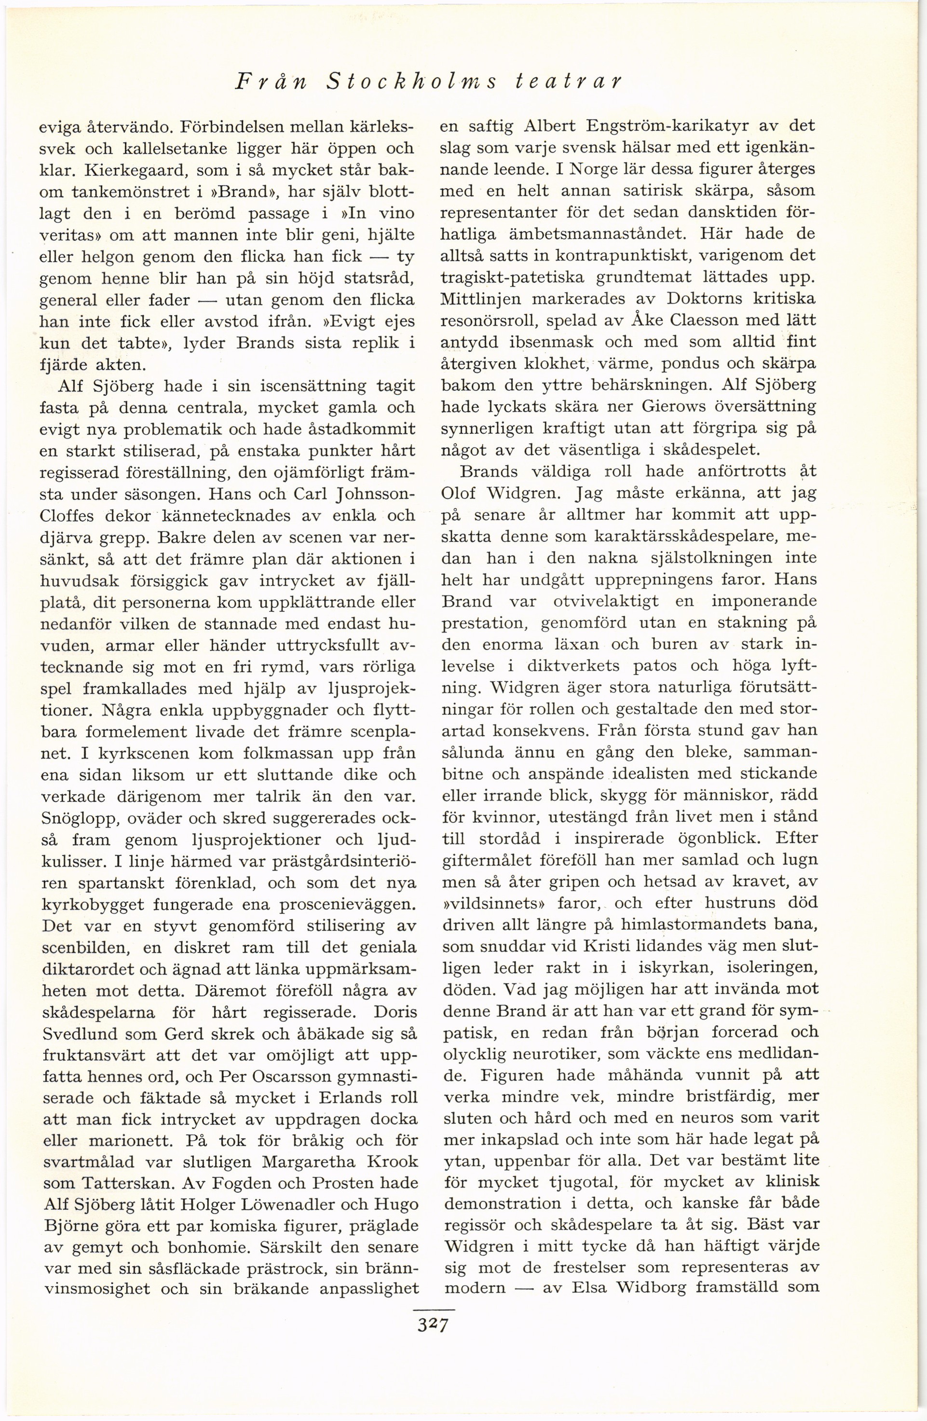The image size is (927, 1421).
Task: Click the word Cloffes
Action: tap(70, 515)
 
